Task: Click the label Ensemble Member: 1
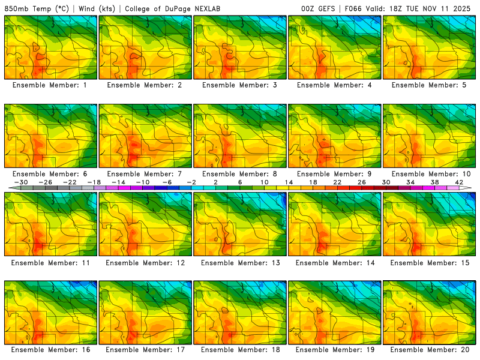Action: point(50,85)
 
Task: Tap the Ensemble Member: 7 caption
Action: point(145,174)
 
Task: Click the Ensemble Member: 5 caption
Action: point(430,85)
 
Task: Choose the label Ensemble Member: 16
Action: point(50,349)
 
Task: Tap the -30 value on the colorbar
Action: point(21,182)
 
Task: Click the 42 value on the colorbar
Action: point(460,182)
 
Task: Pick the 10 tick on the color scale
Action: point(264,182)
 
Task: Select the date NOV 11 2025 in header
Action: point(450,9)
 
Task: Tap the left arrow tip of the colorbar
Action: point(10,188)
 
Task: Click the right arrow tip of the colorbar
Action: point(470,188)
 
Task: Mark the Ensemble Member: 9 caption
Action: point(335,174)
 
